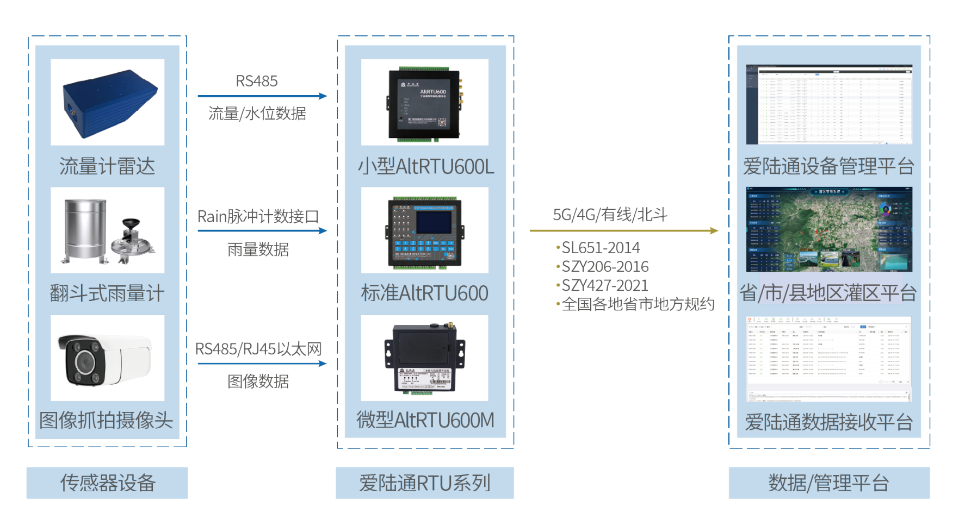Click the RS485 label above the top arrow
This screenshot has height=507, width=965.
tap(257, 82)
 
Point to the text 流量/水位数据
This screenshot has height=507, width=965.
tap(257, 114)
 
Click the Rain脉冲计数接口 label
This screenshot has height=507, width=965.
tap(258, 216)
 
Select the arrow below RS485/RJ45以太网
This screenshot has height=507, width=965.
tap(262, 364)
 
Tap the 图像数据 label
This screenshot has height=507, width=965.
tap(258, 381)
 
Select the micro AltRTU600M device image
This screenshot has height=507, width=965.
tap(424, 358)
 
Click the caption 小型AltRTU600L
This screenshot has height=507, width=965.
tap(425, 166)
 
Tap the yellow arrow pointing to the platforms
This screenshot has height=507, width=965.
tap(623, 230)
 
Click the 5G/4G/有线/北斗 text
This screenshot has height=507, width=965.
tap(610, 215)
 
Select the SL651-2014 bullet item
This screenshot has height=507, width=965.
tap(600, 248)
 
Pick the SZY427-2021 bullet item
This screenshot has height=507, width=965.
tap(604, 285)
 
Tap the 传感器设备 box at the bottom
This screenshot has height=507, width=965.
tap(107, 483)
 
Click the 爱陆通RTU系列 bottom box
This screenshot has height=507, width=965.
tap(424, 483)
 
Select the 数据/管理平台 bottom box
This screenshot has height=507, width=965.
tap(829, 483)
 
